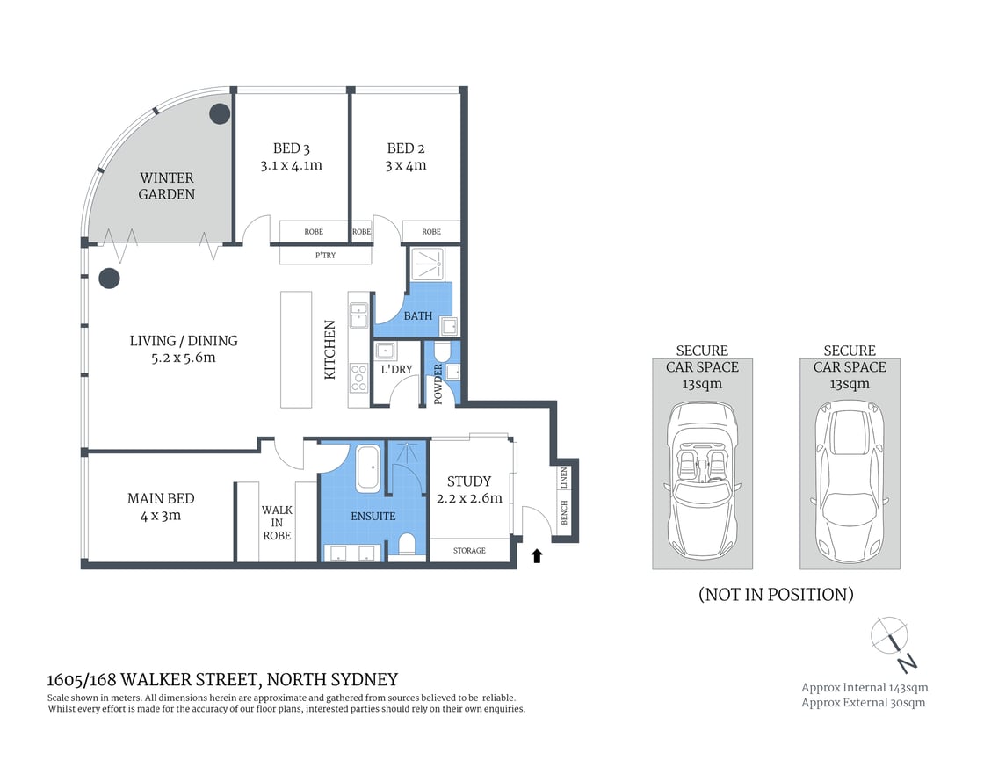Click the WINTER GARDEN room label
pos(166,185)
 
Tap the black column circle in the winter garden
pos(218,113)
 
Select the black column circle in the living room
pos(108,279)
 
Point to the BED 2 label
pos(406,148)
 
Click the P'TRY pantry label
pos(325,256)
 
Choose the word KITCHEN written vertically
pos(330,350)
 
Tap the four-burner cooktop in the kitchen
pos(359,378)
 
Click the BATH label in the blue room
pos(417,315)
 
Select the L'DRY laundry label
pos(396,370)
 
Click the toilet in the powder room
pos(441,353)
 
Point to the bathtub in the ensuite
pos(367,469)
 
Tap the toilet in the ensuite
pos(407,544)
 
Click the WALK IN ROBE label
pos(277,523)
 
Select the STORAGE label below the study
pos(469,551)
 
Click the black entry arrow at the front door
pos(538,555)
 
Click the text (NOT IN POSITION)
pos(776,595)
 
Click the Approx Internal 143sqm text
pos(864,687)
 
